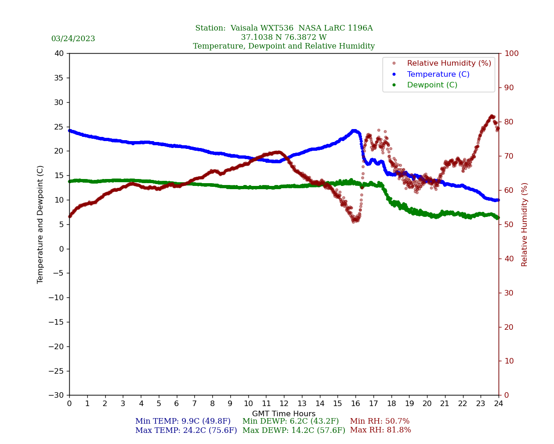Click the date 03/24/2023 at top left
click(73, 39)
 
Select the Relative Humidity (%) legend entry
click(449, 63)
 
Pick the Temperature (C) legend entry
click(438, 74)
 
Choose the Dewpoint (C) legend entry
click(432, 85)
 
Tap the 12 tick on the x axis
click(284, 403)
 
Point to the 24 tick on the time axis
click(499, 403)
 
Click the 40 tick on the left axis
click(59, 53)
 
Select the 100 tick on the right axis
click(511, 53)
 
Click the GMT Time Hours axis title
click(284, 414)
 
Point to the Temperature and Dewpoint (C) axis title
click(41, 224)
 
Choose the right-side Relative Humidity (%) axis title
click(524, 224)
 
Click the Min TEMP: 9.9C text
click(183, 421)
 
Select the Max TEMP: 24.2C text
click(186, 431)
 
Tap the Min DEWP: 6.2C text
click(290, 421)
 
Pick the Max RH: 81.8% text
click(380, 430)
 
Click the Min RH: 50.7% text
click(379, 421)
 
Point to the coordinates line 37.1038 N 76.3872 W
click(284, 37)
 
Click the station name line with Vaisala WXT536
click(284, 28)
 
